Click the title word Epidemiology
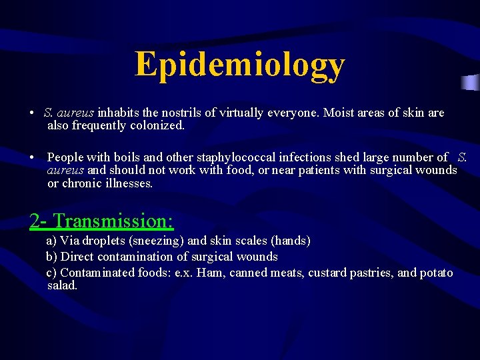coord(240,65)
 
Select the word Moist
coord(339,113)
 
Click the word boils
coord(127,157)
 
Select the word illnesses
coord(129,183)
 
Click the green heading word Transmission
coord(113,220)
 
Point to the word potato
coord(436,273)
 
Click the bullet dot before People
coord(32,158)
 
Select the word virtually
coord(239,113)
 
